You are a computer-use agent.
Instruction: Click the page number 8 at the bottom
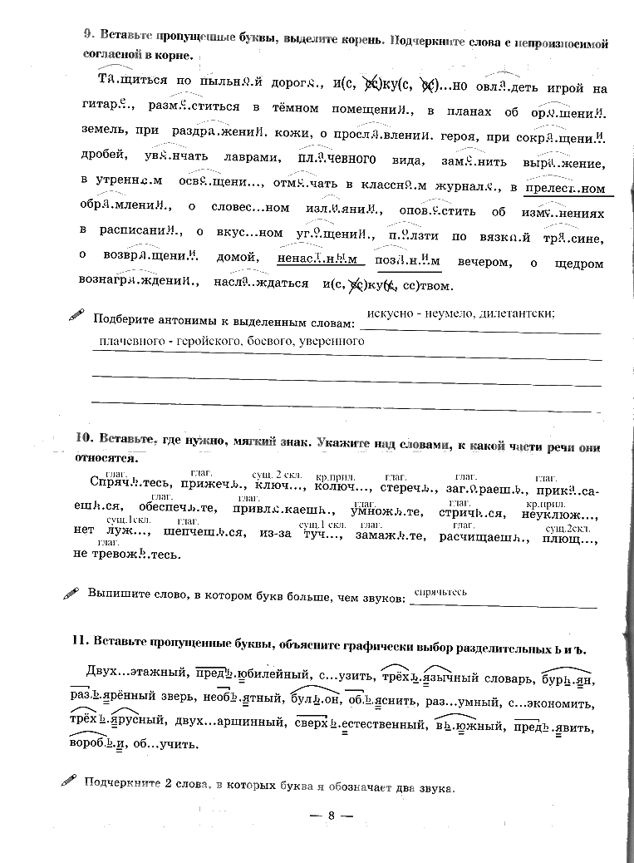(x=330, y=816)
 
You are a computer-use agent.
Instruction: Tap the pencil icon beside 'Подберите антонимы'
(x=76, y=315)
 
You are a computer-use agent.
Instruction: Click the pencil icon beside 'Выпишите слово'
(x=72, y=594)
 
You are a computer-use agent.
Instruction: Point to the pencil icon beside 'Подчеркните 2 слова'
(x=69, y=781)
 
